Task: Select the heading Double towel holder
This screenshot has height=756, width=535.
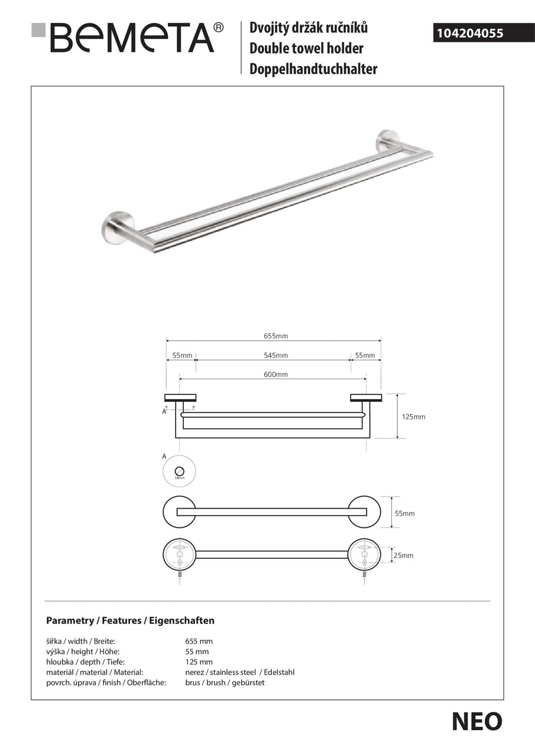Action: pos(306,48)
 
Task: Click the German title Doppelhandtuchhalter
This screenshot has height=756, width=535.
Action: pos(313,69)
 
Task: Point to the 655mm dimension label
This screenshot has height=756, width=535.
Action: pos(275,336)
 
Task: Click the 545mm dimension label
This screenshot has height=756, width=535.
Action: pos(275,356)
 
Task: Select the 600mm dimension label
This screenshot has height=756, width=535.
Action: pos(275,374)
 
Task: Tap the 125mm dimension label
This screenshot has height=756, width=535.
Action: pos(414,417)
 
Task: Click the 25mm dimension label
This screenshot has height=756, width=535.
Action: pos(404,555)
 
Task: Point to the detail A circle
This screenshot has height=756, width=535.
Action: pos(179,472)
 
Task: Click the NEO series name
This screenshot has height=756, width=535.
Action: pos(477,721)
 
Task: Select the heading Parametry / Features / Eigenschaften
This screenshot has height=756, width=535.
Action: pos(130,621)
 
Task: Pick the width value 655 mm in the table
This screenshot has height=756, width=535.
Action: pos(199,641)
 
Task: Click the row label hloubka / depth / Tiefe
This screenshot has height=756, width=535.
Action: pos(85,662)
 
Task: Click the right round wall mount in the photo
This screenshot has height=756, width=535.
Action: pos(388,140)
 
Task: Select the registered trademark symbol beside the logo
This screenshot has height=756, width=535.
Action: pos(218,27)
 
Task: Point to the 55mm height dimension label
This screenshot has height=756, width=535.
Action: pos(405,514)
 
